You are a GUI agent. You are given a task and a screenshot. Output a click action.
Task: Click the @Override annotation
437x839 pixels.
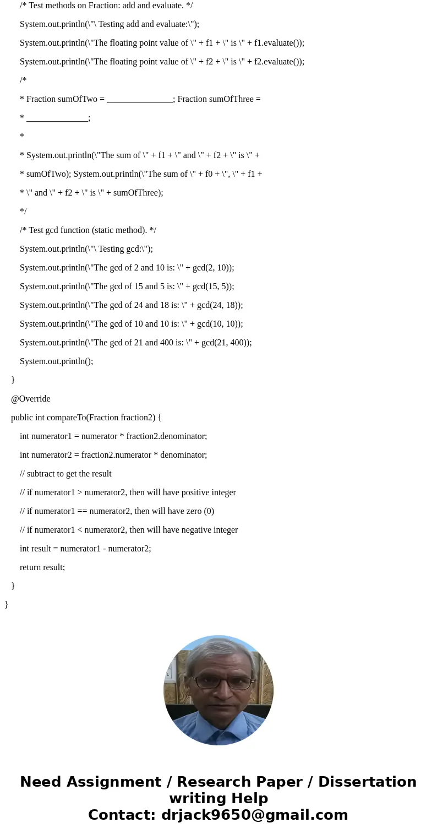point(31,399)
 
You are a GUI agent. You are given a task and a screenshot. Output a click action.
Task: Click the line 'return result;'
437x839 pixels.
point(42,567)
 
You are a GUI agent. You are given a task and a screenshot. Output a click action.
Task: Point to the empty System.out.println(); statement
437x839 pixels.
point(56,361)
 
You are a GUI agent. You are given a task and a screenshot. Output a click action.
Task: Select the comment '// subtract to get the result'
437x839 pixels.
point(65,474)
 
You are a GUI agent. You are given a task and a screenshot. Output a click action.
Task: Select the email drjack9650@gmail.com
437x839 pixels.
point(254,815)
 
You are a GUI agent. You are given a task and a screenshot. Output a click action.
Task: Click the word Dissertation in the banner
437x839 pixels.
point(367,782)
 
